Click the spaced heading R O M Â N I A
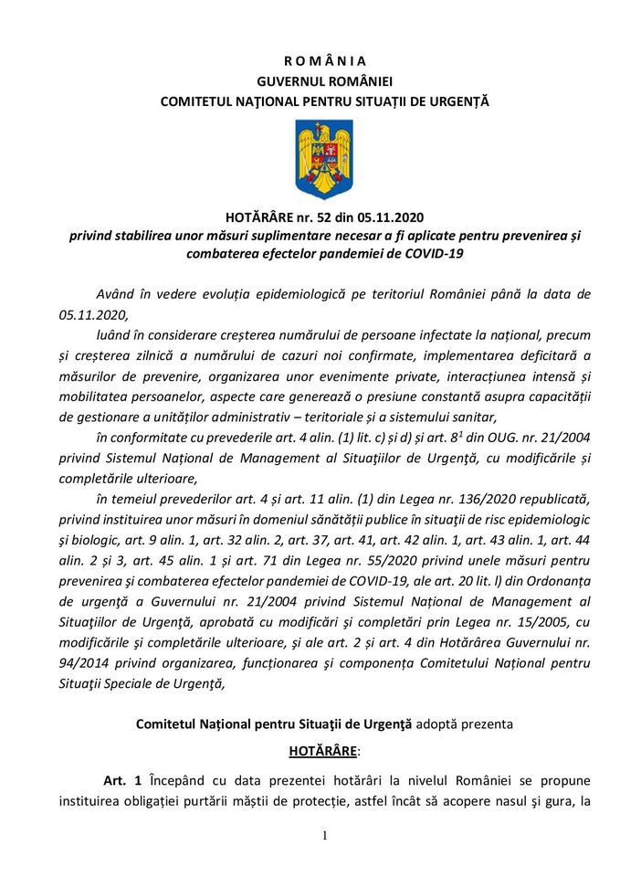[324, 61]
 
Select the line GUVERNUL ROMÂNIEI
[324, 81]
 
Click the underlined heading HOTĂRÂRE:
[324, 752]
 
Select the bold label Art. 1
[121, 781]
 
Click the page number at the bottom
[324, 836]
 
